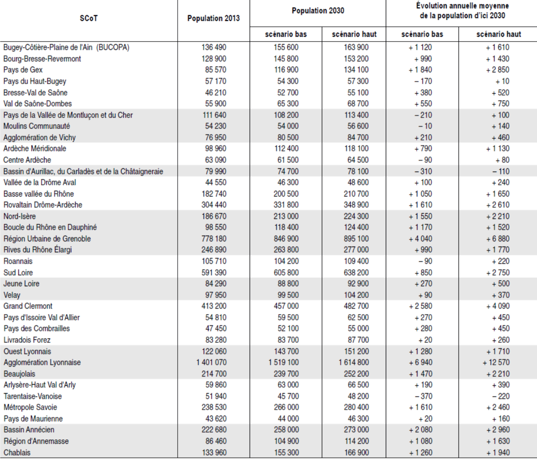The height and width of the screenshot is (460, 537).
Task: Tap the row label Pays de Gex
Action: click(x=23, y=70)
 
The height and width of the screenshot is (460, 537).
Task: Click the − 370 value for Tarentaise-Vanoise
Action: click(x=423, y=396)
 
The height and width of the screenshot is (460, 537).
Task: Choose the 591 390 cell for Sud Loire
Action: click(x=214, y=272)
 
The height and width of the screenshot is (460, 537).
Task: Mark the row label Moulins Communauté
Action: click(x=37, y=126)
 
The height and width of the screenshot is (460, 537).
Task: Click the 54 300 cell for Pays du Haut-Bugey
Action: click(x=288, y=81)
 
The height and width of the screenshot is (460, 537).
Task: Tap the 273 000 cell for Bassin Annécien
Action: click(x=356, y=430)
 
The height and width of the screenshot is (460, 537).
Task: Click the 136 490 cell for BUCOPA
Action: click(x=214, y=47)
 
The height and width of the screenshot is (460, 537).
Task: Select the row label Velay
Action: click(x=12, y=295)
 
